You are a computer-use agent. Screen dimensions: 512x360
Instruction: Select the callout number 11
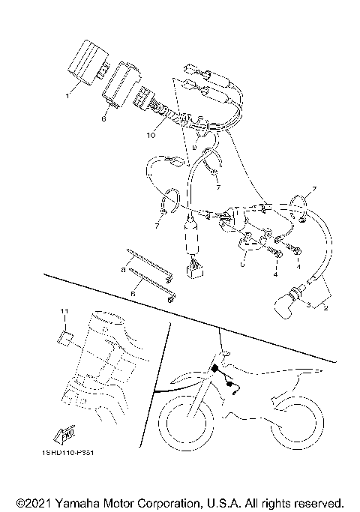coord(64,310)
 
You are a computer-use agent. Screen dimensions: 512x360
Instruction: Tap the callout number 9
coord(193,148)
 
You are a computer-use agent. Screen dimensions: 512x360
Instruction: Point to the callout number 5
coord(241,264)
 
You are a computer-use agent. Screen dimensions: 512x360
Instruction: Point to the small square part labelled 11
coord(65,338)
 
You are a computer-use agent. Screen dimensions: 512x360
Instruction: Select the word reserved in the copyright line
coord(316,502)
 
